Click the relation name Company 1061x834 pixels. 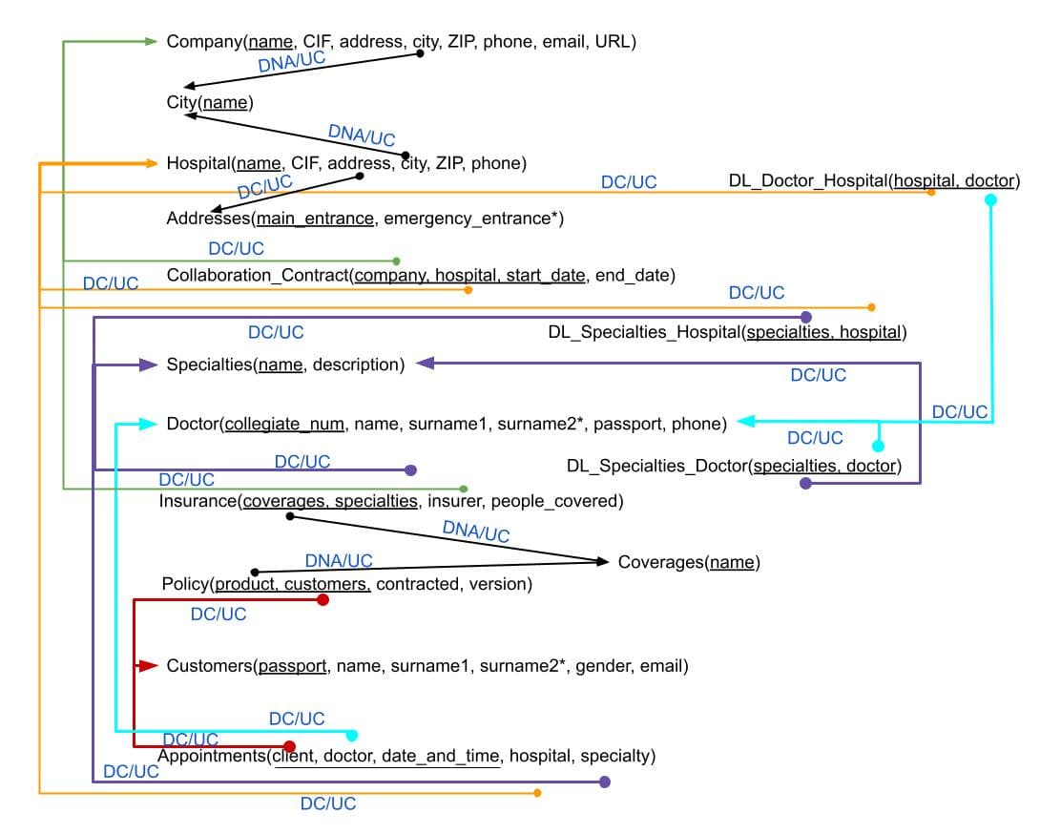coord(204,41)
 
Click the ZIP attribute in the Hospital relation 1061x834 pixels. coord(448,163)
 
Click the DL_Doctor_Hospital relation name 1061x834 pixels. coord(807,180)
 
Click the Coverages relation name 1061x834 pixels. coord(660,562)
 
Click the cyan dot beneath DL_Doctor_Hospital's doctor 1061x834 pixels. coord(991,199)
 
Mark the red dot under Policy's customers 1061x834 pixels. coord(322,599)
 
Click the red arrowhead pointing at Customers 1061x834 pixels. coord(148,666)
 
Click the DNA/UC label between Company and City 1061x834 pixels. coord(291,61)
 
